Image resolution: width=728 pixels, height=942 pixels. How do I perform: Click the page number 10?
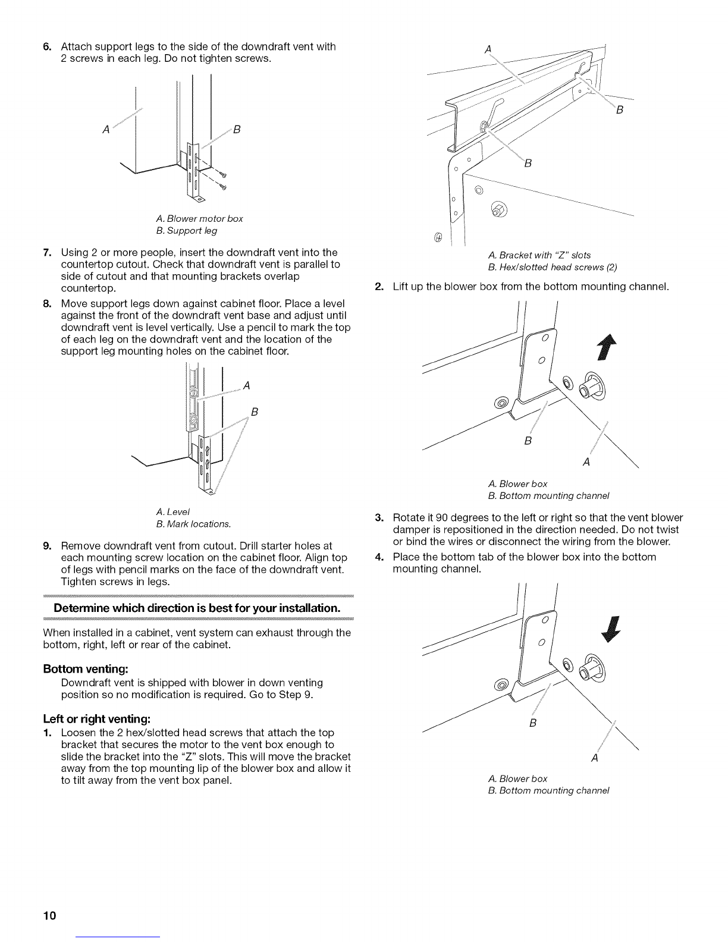coord(49,915)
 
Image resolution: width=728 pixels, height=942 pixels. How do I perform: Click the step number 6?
coord(47,46)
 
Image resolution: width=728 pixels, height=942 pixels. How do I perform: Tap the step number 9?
coord(47,545)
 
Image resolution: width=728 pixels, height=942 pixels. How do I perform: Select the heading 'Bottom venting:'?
coord(86,669)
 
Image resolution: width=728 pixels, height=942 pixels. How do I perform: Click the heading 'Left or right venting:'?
coord(97,719)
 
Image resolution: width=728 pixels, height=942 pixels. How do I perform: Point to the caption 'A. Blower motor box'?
coord(199,218)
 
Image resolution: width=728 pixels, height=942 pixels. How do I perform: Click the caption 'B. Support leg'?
coord(186,231)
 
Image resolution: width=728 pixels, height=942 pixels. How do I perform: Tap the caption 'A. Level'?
coord(173,511)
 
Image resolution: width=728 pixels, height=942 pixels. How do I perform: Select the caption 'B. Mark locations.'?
coord(193,524)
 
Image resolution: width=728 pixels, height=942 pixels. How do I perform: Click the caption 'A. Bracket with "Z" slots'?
coord(539,255)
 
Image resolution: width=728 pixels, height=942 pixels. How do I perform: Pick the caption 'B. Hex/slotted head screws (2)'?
coord(553,267)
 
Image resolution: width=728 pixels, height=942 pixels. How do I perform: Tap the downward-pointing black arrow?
coord(611,629)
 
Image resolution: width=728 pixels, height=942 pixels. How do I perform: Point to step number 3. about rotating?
coord(379,517)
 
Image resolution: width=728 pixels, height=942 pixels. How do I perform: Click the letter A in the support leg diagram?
coord(106,129)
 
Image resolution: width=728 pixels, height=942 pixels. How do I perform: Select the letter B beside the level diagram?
coord(255,412)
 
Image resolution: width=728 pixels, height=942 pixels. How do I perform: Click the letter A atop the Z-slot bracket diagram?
coord(488,49)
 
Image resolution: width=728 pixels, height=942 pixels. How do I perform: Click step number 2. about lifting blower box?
coord(379,287)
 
